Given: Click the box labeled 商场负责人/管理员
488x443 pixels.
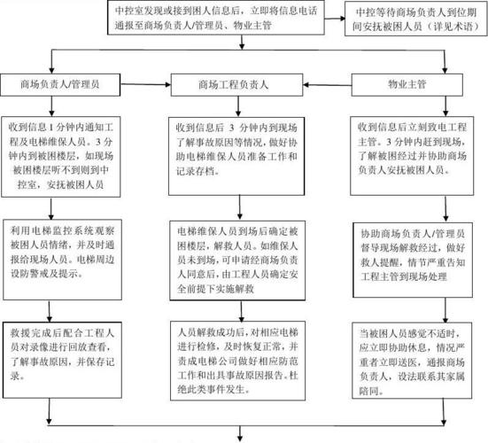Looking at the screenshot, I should click(60, 86).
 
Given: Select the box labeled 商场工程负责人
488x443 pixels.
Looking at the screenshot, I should click(238, 86).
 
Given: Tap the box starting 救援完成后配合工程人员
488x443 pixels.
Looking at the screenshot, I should click(62, 354).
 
